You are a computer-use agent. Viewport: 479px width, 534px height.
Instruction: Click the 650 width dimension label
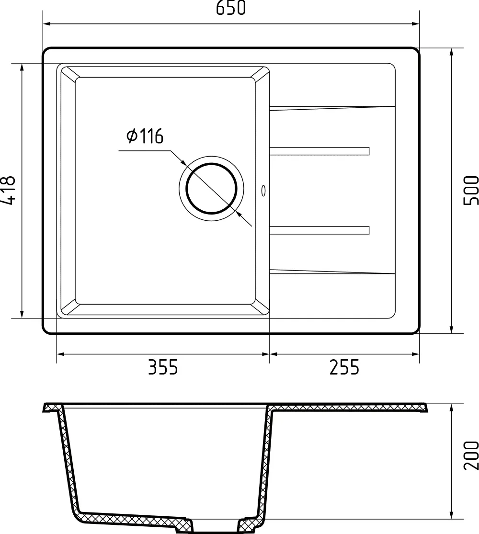point(231,8)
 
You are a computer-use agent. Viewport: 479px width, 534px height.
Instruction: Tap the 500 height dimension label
point(471,190)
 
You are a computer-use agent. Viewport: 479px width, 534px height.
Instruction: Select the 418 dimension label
point(8,190)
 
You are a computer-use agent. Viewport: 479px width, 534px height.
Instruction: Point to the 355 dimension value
point(162,368)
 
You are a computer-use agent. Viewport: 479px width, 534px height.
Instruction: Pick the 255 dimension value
point(344,368)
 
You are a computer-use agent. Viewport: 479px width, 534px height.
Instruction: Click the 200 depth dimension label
point(471,454)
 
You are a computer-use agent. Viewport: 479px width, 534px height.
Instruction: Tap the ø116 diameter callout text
point(145,136)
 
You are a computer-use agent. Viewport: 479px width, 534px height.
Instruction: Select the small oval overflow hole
point(263,191)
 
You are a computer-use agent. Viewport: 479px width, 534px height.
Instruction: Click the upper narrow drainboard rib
point(319,151)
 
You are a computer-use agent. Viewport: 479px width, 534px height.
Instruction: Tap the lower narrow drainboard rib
point(319,230)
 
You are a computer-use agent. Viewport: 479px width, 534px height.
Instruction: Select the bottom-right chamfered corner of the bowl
point(261,308)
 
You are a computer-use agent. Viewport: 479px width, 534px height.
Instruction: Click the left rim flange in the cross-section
point(52,408)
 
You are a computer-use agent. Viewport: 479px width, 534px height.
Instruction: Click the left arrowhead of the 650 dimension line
point(47,23)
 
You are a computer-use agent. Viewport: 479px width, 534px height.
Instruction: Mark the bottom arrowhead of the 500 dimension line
point(452,329)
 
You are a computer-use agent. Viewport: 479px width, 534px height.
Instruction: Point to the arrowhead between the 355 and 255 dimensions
point(269,354)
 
